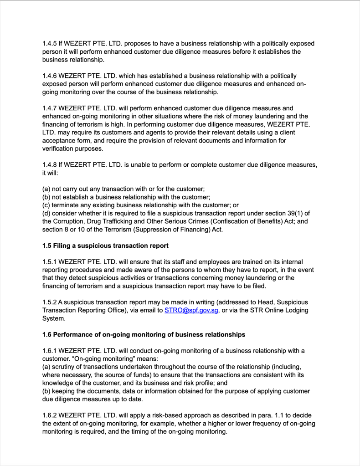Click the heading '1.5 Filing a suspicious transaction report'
pos(105,246)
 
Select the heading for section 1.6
pos(144,334)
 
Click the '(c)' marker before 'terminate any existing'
pos(46,205)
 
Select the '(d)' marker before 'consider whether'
pos(46,213)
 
